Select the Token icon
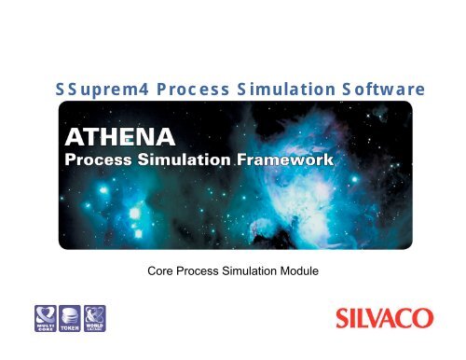pyautogui.click(x=69, y=319)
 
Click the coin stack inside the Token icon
pyautogui.click(x=69, y=314)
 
